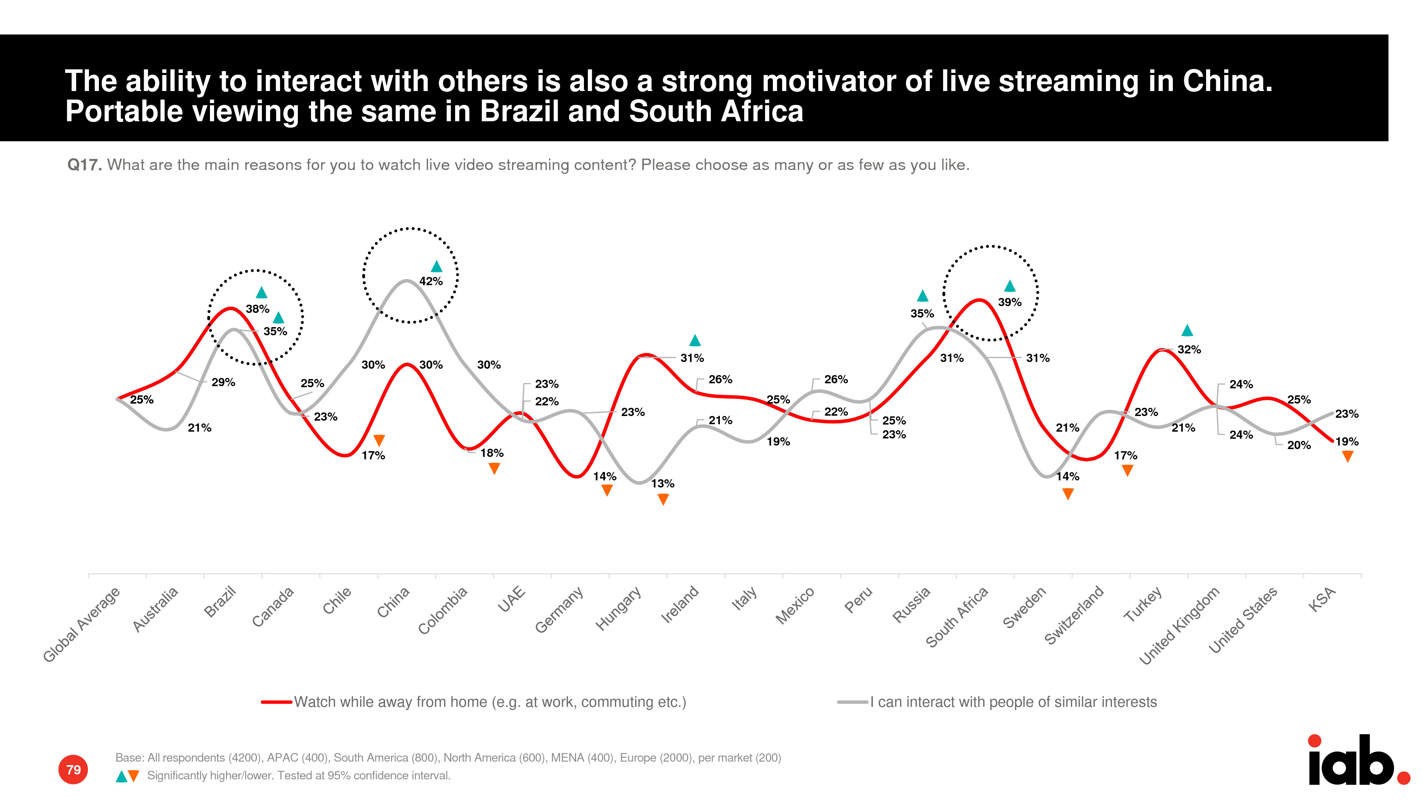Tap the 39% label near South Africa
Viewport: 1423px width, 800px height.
coord(1009,302)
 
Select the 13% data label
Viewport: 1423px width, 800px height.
coord(662,484)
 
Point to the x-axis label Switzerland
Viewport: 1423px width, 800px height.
coord(1073,615)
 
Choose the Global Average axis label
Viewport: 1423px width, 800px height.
coord(81,624)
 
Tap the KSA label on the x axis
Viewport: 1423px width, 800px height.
coord(1322,599)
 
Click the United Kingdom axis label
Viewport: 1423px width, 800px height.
coord(1179,625)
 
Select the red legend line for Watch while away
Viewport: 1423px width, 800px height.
coord(276,702)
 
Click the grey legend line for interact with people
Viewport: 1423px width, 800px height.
coord(852,702)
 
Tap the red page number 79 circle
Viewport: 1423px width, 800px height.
coord(73,770)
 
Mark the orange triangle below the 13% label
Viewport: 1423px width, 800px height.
coord(663,499)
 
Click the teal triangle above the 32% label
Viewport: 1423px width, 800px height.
coord(1187,331)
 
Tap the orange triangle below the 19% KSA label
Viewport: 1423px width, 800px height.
coord(1347,457)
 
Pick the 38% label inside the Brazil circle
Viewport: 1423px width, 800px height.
coord(257,309)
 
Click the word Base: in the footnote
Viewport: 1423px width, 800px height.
coord(130,757)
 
